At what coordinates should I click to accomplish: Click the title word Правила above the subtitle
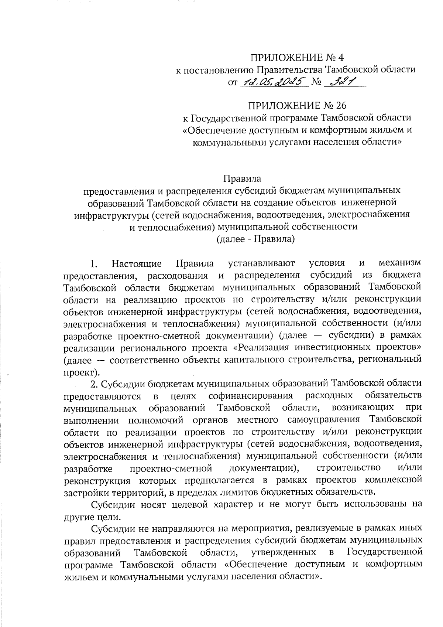[242, 178]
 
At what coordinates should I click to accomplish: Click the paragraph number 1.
[93, 264]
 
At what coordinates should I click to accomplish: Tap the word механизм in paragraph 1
[400, 263]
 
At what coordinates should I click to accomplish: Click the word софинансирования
[251, 396]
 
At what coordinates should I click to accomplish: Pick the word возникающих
[363, 408]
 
